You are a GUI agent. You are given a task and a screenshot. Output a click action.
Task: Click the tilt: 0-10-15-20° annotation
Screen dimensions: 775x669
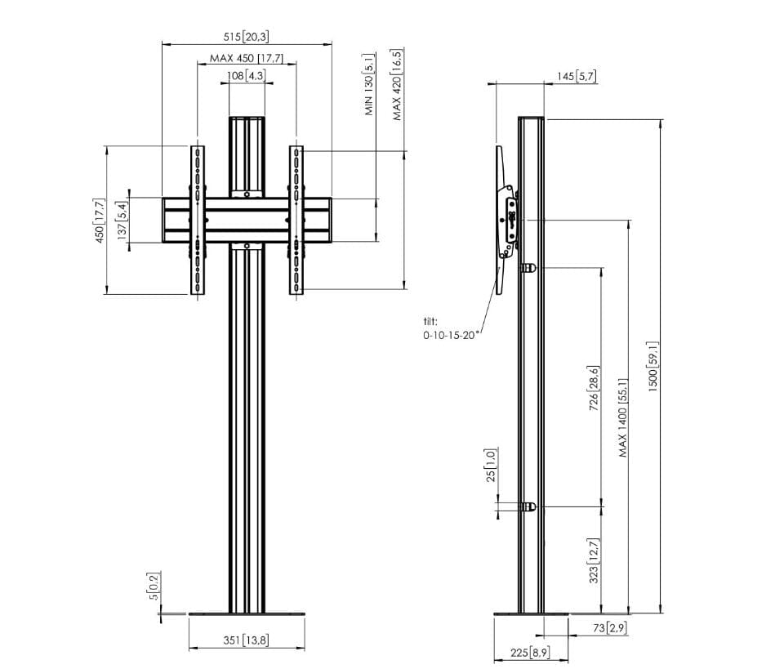click(x=451, y=328)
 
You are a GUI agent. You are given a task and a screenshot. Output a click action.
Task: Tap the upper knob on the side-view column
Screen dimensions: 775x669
click(x=528, y=268)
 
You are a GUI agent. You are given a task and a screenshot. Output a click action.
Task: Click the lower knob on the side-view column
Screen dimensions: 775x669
click(x=528, y=506)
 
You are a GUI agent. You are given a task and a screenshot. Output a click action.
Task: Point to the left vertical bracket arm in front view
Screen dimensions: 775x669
click(x=198, y=220)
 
